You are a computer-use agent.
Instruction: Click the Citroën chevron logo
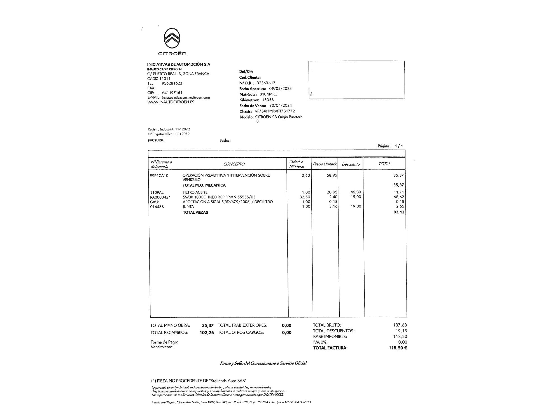172,38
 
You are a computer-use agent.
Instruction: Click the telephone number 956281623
172,83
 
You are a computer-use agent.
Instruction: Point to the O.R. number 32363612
266,83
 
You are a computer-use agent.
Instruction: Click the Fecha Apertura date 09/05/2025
278,88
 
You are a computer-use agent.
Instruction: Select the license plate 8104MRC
268,94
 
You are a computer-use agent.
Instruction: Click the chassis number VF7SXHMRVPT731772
275,111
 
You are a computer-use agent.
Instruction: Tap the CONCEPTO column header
234,164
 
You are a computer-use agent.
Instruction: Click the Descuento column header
351,164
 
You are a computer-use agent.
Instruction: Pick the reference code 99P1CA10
159,176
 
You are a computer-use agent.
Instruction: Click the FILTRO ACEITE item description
195,192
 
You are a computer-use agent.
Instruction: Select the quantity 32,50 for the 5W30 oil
305,197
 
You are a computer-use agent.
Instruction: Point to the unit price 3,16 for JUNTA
333,206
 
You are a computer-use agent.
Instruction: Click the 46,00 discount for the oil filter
356,192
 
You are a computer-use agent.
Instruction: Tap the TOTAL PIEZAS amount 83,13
399,212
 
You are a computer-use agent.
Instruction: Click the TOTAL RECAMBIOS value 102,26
207,333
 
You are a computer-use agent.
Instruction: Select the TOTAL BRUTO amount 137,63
400,325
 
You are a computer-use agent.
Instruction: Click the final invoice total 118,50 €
398,348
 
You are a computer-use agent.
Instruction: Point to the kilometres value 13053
268,100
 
